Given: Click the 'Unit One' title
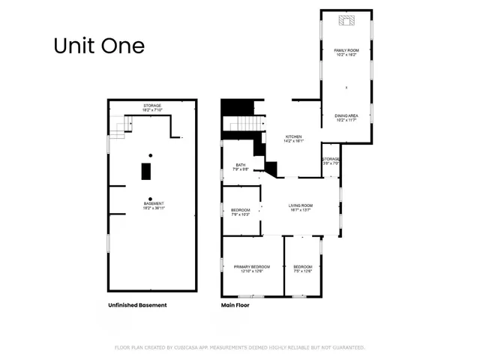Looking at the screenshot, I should click(98, 45).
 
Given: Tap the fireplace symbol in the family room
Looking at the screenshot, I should click(346, 21).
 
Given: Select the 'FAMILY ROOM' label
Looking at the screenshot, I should click(346, 50).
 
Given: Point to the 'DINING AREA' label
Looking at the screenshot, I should click(346, 115).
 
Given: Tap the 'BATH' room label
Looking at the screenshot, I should click(241, 165).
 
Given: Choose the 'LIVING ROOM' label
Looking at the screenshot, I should click(301, 205).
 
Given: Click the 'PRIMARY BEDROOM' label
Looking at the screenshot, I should click(252, 267).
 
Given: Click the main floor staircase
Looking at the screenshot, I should click(247, 124).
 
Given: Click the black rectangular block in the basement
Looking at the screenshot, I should click(147, 171).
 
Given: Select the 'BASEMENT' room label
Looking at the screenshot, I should click(154, 204).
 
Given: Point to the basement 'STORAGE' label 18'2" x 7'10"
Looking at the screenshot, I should click(153, 107).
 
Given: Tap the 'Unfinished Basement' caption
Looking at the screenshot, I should click(137, 305).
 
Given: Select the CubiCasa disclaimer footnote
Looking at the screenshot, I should click(239, 347).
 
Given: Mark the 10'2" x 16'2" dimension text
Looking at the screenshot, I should click(346, 55).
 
